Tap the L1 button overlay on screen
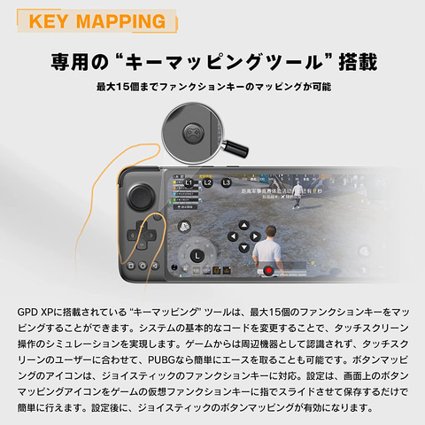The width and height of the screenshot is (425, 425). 189,182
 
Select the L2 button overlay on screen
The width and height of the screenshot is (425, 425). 208,183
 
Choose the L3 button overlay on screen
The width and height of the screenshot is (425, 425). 227,182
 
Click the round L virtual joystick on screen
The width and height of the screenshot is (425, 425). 197,256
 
